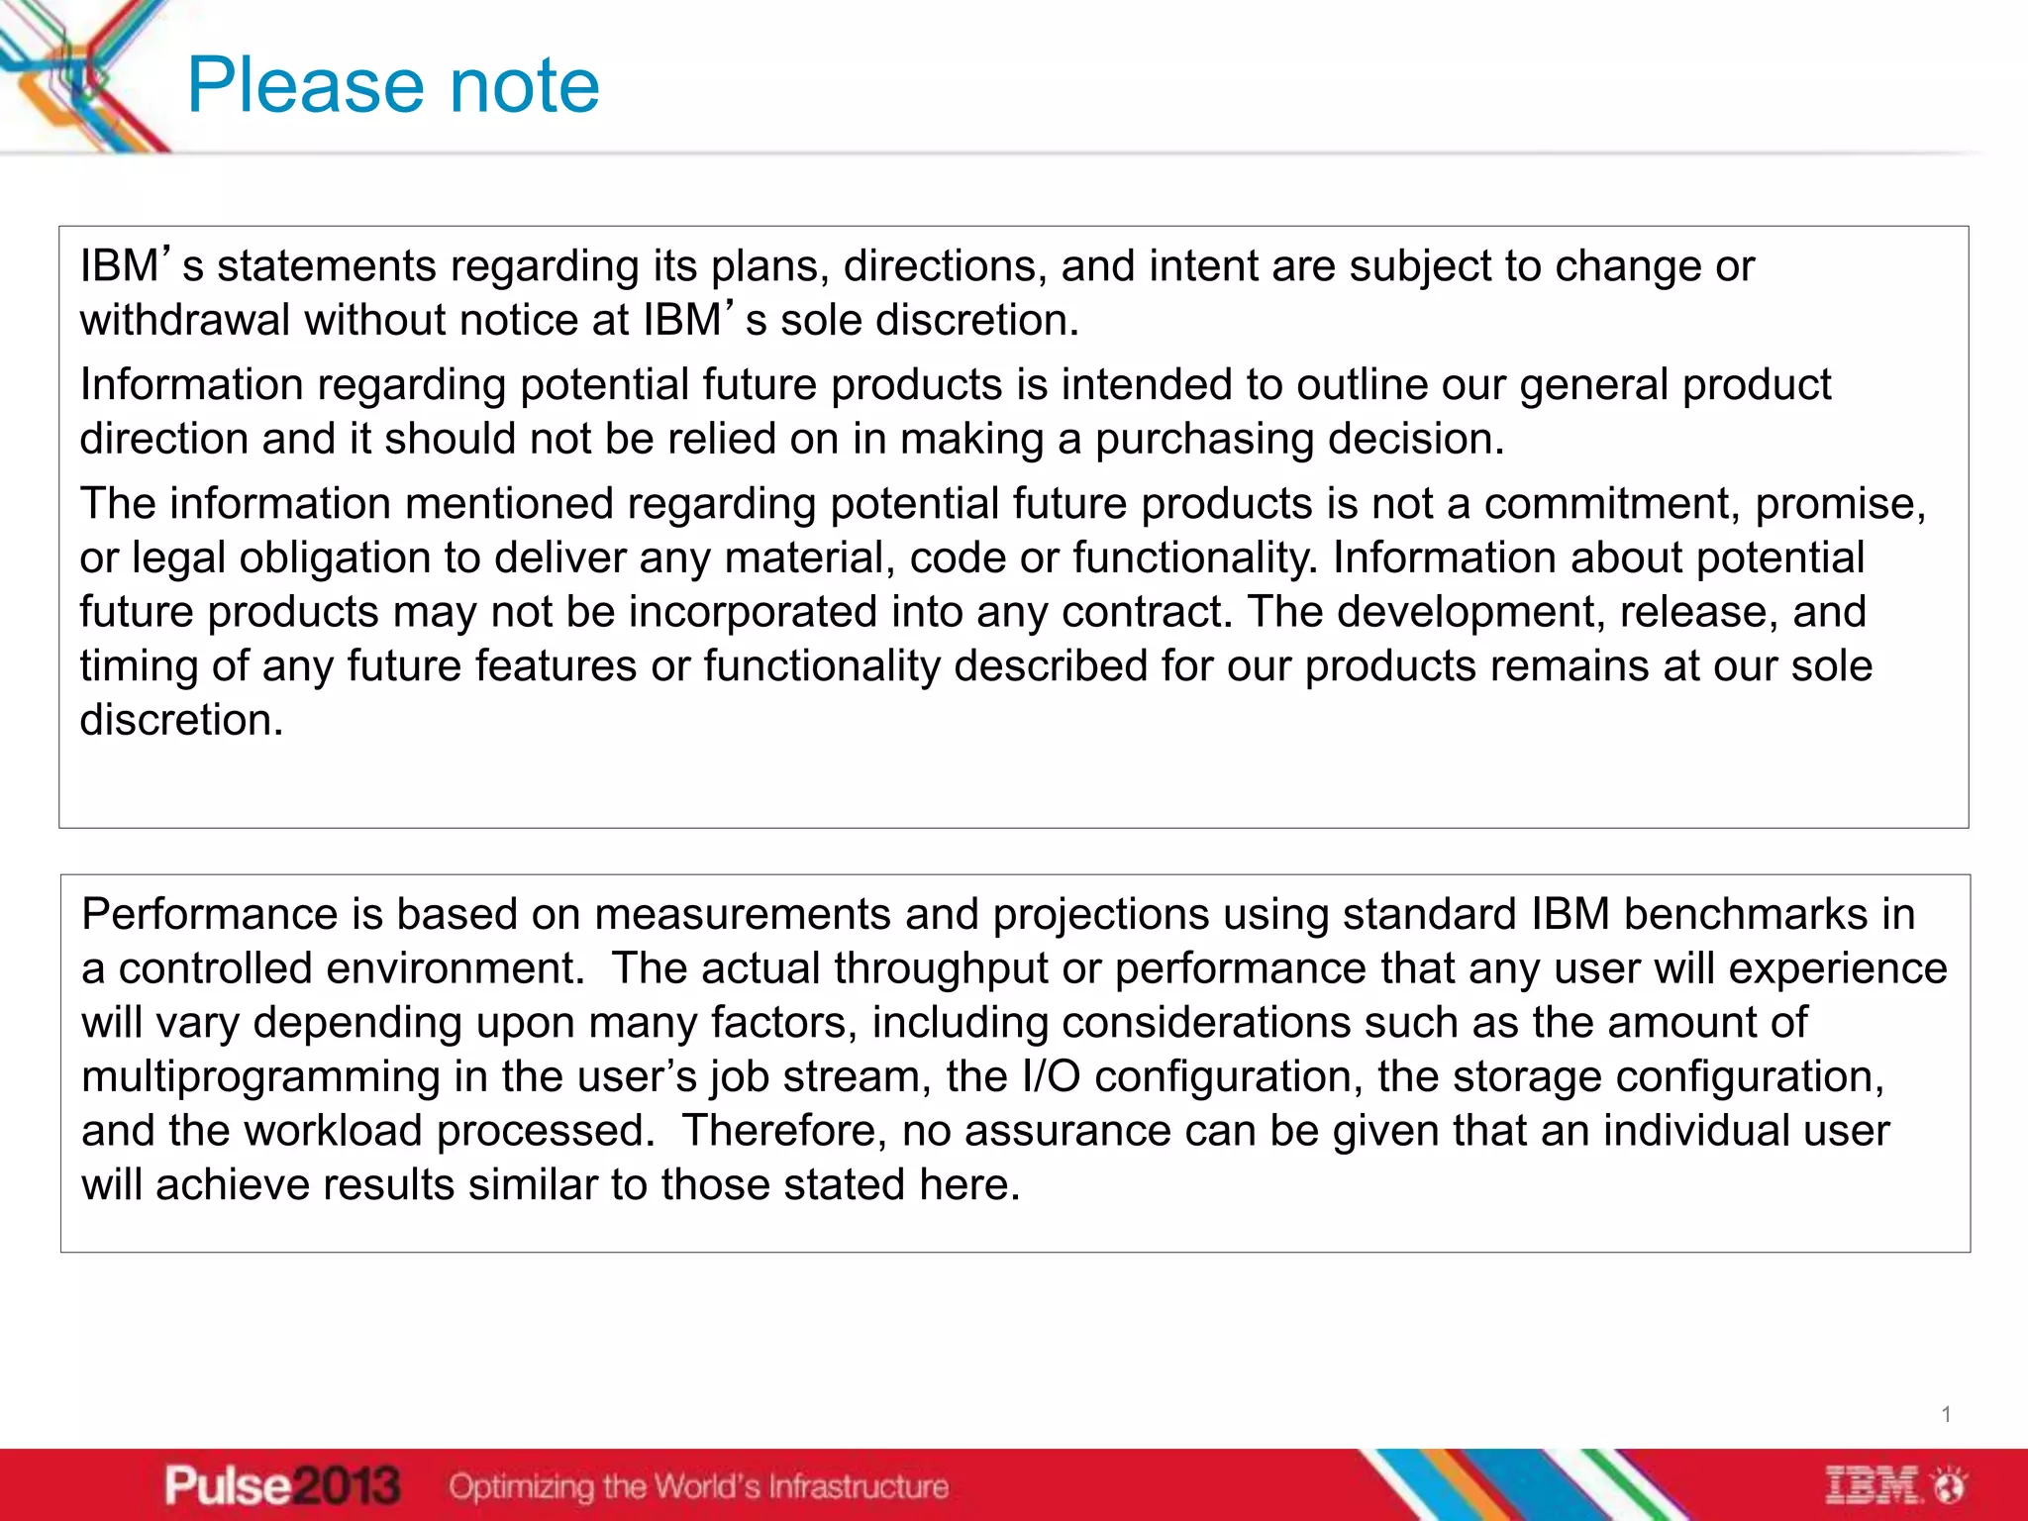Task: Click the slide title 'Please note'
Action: coord(393,86)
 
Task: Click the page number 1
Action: coord(1946,1414)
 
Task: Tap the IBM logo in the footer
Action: coord(1893,1485)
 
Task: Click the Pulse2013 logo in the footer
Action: coord(282,1485)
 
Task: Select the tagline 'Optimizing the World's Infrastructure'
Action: coord(698,1486)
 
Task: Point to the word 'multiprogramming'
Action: coord(260,1076)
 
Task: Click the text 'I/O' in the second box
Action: coord(1051,1076)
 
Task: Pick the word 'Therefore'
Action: coord(785,1131)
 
